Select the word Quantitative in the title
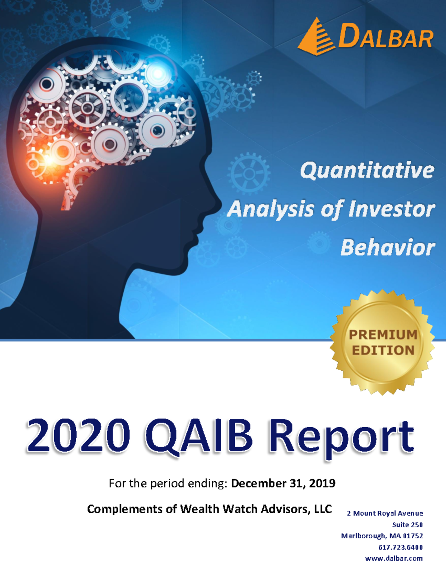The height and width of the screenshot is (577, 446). tap(367, 171)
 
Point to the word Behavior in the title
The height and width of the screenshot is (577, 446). tap(387, 248)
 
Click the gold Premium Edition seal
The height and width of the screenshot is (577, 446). tap(382, 343)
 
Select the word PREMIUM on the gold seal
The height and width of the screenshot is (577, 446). tap(383, 334)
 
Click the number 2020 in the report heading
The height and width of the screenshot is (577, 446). tap(78, 435)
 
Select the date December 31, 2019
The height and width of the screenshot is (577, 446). tap(283, 483)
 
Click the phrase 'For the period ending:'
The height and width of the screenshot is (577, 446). tap(168, 483)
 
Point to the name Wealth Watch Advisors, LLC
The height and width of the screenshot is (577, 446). tap(256, 509)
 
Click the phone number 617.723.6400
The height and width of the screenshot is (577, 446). tap(400, 547)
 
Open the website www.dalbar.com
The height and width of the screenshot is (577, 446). tap(394, 558)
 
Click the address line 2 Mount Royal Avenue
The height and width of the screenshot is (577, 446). tap(385, 513)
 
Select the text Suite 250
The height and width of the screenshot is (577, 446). tap(407, 525)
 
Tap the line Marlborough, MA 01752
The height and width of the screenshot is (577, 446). tap(382, 536)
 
